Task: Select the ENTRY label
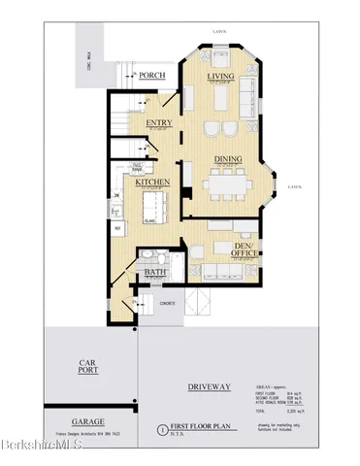click(159, 122)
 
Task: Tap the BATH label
click(155, 274)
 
